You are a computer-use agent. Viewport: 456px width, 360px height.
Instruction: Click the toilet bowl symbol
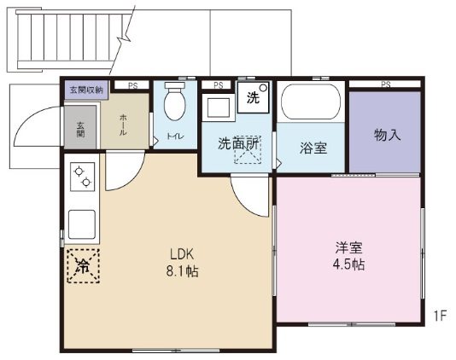pos(175,102)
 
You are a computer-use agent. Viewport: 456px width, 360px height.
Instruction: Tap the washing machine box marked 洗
pos(254,97)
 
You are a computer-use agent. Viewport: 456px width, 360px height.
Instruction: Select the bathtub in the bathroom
pos(311,102)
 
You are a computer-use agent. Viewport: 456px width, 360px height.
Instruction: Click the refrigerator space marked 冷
pos(84,265)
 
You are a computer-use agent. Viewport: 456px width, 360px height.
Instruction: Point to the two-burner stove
pos(83,177)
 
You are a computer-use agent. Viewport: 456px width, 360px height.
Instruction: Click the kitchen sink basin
pos(82,224)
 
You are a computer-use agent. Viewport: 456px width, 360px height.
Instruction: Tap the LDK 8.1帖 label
pos(183,263)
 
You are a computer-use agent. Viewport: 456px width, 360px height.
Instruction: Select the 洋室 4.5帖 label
pos(348,256)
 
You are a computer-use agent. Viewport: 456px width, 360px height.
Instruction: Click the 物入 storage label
pos(387,135)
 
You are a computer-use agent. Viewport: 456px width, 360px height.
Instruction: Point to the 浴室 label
pos(313,148)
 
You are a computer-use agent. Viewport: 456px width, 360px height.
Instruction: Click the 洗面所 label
pos(238,143)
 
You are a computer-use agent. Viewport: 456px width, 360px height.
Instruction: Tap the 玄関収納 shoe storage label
pos(86,90)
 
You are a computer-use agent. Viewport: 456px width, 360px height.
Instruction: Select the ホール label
pos(123,125)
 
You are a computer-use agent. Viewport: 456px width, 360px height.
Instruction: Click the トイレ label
pos(175,136)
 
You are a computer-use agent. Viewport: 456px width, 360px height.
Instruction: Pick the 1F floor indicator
pos(440,316)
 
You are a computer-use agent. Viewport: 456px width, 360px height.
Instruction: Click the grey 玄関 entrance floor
pos(80,127)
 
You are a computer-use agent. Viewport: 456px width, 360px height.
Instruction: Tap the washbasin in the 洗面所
pos(219,107)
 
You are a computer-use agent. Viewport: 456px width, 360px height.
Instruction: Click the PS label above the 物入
pos(386,84)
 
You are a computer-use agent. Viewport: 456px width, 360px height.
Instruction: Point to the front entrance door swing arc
pos(30,118)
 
